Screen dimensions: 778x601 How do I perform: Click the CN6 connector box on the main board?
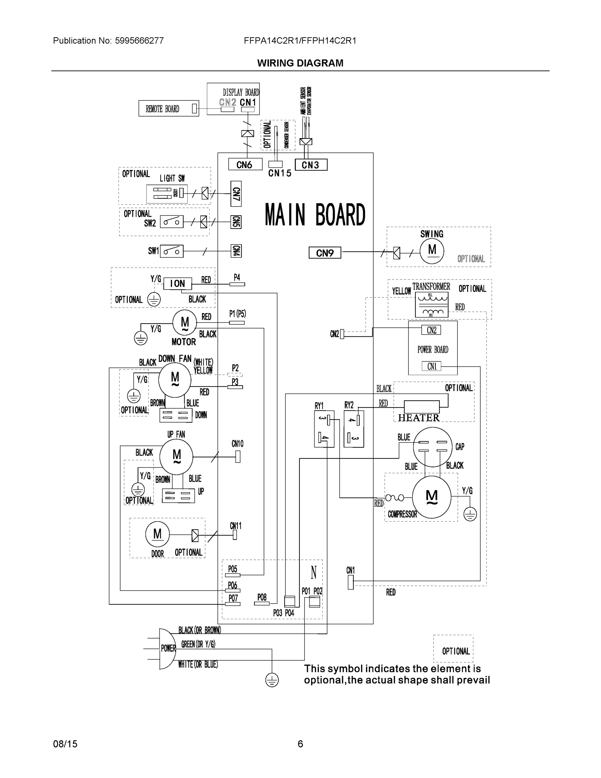pyautogui.click(x=245, y=164)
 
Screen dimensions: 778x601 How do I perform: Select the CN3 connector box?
pyautogui.click(x=311, y=165)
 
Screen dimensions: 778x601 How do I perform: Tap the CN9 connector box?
pyautogui.click(x=325, y=253)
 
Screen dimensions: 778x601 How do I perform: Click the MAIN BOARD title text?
pyautogui.click(x=315, y=215)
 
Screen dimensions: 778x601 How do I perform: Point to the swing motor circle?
pyautogui.click(x=432, y=251)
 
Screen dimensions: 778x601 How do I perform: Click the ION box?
pyautogui.click(x=177, y=284)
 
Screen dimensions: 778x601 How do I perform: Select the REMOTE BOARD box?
pyautogui.click(x=168, y=108)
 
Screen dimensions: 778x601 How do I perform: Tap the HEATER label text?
pyautogui.click(x=419, y=418)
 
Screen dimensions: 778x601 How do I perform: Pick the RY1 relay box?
pyautogui.click(x=324, y=429)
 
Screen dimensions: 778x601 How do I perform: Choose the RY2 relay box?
pyautogui.click(x=353, y=429)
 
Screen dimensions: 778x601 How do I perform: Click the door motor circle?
pyautogui.click(x=157, y=534)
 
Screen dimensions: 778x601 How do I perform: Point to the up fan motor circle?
pyautogui.click(x=176, y=456)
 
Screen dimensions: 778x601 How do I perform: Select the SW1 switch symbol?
pyautogui.click(x=172, y=251)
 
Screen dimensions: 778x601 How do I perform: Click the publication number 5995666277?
pyautogui.click(x=139, y=41)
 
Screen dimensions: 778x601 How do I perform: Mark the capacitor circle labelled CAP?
pyautogui.click(x=433, y=447)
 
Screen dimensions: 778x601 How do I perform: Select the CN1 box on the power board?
pyautogui.click(x=432, y=366)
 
